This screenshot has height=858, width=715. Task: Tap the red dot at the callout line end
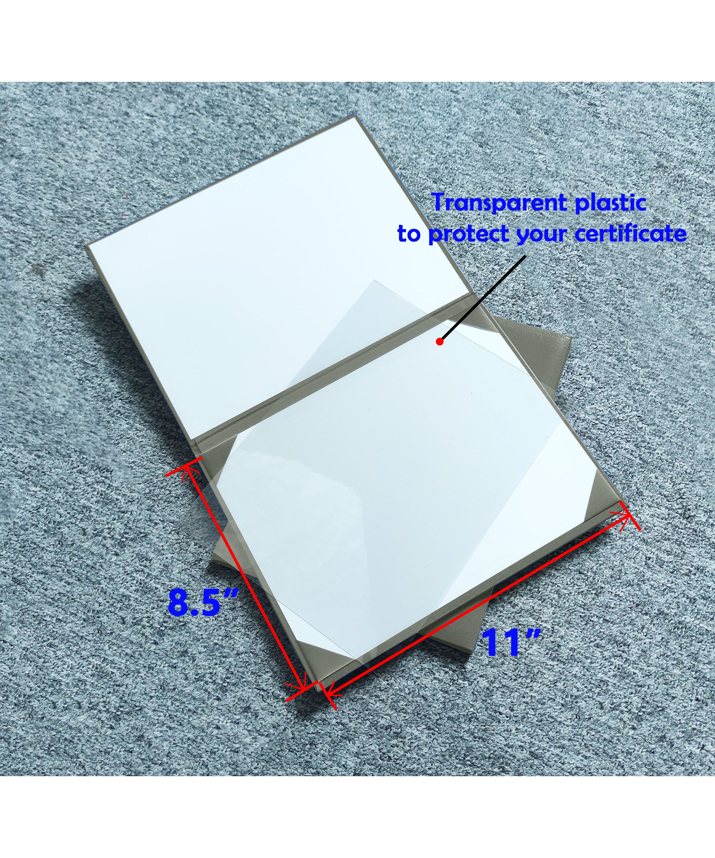pos(440,341)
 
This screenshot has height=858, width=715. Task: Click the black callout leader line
pos(482,299)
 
